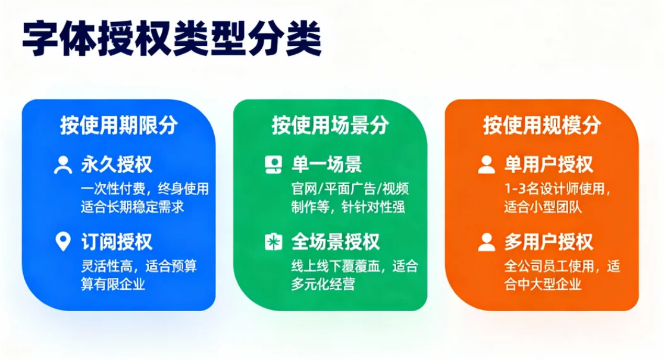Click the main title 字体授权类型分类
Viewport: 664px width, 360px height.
(172, 40)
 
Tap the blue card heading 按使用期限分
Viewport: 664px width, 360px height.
(118, 126)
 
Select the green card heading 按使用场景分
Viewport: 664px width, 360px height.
(330, 126)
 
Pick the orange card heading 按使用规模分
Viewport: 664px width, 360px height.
(542, 126)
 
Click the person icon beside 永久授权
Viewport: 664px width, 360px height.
(62, 165)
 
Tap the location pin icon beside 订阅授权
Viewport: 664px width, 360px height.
(62, 242)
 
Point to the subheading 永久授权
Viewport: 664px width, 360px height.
(117, 164)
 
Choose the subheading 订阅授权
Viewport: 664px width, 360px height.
(117, 242)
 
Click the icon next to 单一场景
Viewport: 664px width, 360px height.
(274, 165)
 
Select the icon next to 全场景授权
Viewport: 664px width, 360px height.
(274, 242)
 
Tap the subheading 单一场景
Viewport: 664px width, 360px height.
(327, 164)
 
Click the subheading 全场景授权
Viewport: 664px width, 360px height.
(336, 242)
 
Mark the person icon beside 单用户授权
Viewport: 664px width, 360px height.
(486, 165)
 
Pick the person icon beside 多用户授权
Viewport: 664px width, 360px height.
(486, 242)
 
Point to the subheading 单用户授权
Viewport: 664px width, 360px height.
(549, 164)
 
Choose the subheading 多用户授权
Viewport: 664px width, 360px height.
(549, 242)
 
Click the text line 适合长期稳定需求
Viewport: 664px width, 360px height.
(132, 207)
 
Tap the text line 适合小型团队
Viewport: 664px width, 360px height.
(543, 207)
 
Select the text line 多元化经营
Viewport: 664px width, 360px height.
(323, 284)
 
